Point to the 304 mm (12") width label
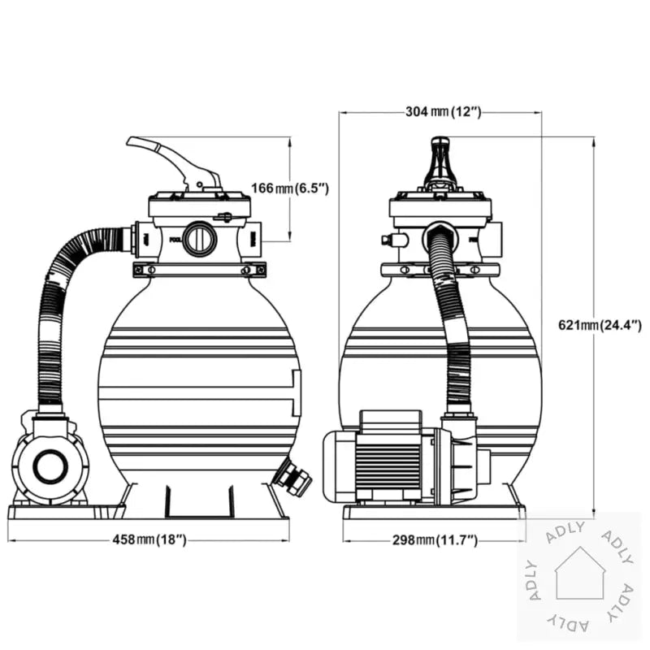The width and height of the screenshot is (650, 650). click(443, 112)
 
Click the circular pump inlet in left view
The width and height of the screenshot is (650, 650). click(51, 466)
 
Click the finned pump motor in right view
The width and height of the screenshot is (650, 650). click(388, 459)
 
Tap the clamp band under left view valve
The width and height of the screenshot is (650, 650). click(198, 270)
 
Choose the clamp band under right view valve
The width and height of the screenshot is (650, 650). click(439, 269)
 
